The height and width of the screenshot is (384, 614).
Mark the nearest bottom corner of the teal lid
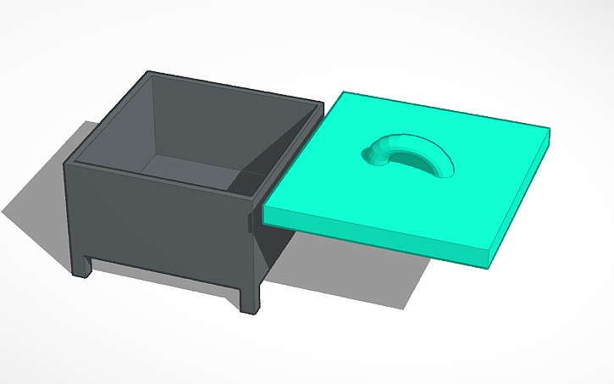(x=489, y=264)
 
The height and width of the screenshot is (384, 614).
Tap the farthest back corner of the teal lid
(x=346, y=93)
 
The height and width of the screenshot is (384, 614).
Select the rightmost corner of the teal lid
(x=550, y=131)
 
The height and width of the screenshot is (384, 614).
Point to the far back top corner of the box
(x=322, y=105)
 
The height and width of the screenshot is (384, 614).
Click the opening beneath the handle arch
(x=419, y=161)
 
